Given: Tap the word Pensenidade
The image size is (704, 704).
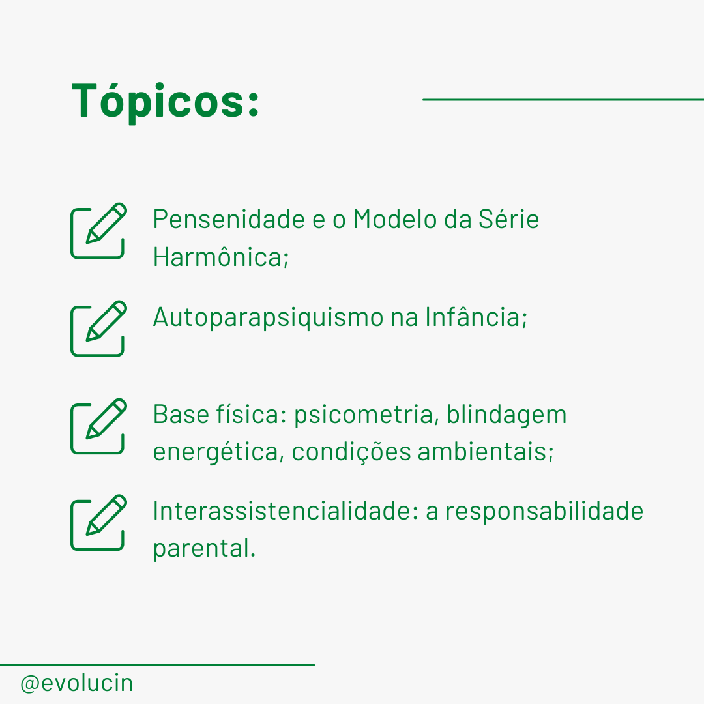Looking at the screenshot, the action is click(229, 219).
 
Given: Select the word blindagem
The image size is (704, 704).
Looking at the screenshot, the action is click(506, 415).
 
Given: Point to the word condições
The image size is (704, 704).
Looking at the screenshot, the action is click(351, 452).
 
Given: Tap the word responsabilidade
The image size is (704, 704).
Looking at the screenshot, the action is click(544, 512).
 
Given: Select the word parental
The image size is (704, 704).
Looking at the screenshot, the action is click(204, 549).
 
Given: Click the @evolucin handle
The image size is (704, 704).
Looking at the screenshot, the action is click(77, 683).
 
